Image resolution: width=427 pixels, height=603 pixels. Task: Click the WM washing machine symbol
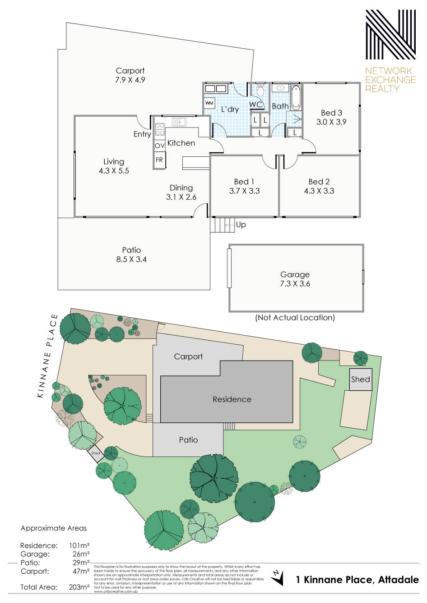tap(209, 103)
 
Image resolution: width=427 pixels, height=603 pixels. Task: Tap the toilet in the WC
tap(260, 90)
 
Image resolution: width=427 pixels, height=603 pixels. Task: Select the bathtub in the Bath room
tap(296, 97)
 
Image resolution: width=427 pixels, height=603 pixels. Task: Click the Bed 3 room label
tap(331, 117)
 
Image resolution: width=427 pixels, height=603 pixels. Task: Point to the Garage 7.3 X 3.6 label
tap(295, 279)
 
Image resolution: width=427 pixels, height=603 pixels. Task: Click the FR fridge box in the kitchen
tap(159, 160)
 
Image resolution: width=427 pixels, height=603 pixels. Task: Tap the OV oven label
tap(159, 146)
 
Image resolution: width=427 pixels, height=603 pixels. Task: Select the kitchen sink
tap(179, 122)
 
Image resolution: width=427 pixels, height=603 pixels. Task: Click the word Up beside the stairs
tap(241, 224)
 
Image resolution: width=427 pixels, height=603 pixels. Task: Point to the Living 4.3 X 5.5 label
tap(114, 166)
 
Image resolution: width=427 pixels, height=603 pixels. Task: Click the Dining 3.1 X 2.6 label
tap(181, 192)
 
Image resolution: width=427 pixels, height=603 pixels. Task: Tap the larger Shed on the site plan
tap(360, 379)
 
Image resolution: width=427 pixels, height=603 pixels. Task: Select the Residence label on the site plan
tap(232, 399)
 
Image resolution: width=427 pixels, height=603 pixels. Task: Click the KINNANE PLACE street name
tap(48, 356)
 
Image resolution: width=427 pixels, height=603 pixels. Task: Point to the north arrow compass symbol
tap(278, 577)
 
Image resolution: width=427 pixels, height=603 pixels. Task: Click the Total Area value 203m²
tap(79, 587)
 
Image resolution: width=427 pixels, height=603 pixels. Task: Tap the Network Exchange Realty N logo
tap(390, 35)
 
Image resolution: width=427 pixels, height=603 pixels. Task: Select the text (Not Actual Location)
tap(295, 318)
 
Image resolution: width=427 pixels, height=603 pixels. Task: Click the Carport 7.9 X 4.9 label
tap(130, 75)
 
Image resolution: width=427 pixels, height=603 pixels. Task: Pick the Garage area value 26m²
tap(81, 554)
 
